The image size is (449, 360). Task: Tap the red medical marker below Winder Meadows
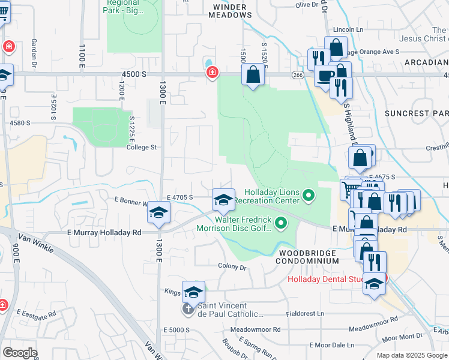click(x=212, y=73)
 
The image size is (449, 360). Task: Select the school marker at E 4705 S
click(x=223, y=200)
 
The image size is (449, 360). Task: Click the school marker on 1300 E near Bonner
click(x=159, y=213)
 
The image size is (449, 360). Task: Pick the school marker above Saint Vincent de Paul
click(x=193, y=292)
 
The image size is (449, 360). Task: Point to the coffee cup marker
click(x=325, y=77)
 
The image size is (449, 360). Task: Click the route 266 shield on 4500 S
click(x=297, y=74)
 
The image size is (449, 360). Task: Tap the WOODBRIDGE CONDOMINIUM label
click(x=309, y=257)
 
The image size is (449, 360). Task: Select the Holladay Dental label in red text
click(x=325, y=279)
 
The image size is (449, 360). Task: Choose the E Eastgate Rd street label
click(x=36, y=314)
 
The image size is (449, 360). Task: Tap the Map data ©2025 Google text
click(x=411, y=355)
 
